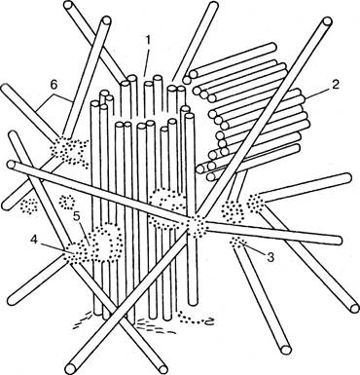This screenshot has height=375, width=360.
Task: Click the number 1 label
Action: (x=147, y=41)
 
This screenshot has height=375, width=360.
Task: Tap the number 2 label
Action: (x=335, y=85)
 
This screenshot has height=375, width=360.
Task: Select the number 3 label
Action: (x=270, y=257)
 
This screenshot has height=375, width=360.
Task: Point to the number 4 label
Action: (x=34, y=240)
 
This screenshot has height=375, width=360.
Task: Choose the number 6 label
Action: (x=54, y=85)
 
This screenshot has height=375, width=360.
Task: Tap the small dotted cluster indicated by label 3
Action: (x=239, y=242)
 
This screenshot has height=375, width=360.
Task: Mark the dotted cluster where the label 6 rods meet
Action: (x=69, y=149)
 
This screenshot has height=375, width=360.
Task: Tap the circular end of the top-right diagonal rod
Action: (x=327, y=22)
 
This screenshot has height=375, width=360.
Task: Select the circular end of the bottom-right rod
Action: (x=286, y=350)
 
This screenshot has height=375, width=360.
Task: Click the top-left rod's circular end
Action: (x=69, y=6)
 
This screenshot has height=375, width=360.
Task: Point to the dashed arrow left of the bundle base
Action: (x=83, y=319)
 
